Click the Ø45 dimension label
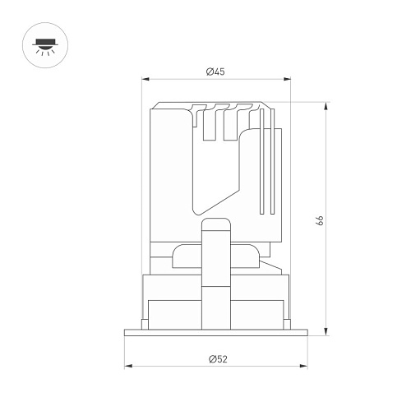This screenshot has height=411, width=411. tap(215, 72)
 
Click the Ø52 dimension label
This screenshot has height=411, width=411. tap(218, 359)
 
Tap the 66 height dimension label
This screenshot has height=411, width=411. tap(320, 220)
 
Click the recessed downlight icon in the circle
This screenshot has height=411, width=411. tap(45, 45)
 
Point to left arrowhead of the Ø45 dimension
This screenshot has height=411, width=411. tap(145, 79)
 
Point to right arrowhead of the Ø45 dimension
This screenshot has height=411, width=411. tap(287, 79)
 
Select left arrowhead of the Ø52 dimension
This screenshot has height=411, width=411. tap(128, 366)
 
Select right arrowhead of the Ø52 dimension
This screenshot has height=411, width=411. tap(303, 366)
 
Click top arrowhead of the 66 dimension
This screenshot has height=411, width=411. tap(326, 106)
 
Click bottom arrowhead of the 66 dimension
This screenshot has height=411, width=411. tap(326, 332)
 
